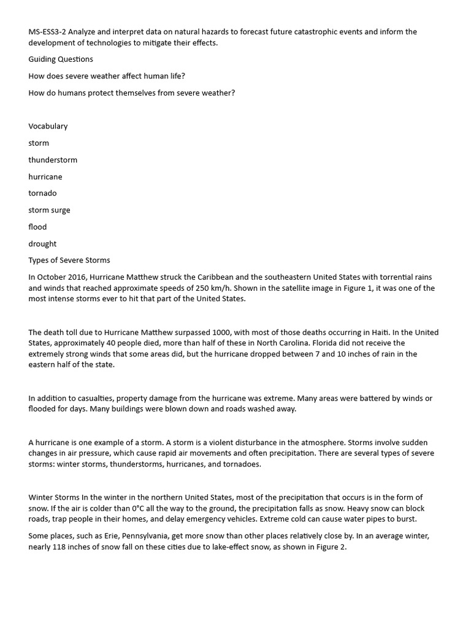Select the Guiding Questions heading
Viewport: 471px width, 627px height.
point(61,59)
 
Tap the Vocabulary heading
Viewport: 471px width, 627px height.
point(48,126)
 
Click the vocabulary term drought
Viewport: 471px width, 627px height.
point(42,244)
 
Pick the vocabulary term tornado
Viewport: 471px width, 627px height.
point(42,193)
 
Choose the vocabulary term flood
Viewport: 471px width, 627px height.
point(37,227)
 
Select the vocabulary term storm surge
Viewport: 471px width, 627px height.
point(49,210)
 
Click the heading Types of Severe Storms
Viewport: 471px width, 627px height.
point(69,260)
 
